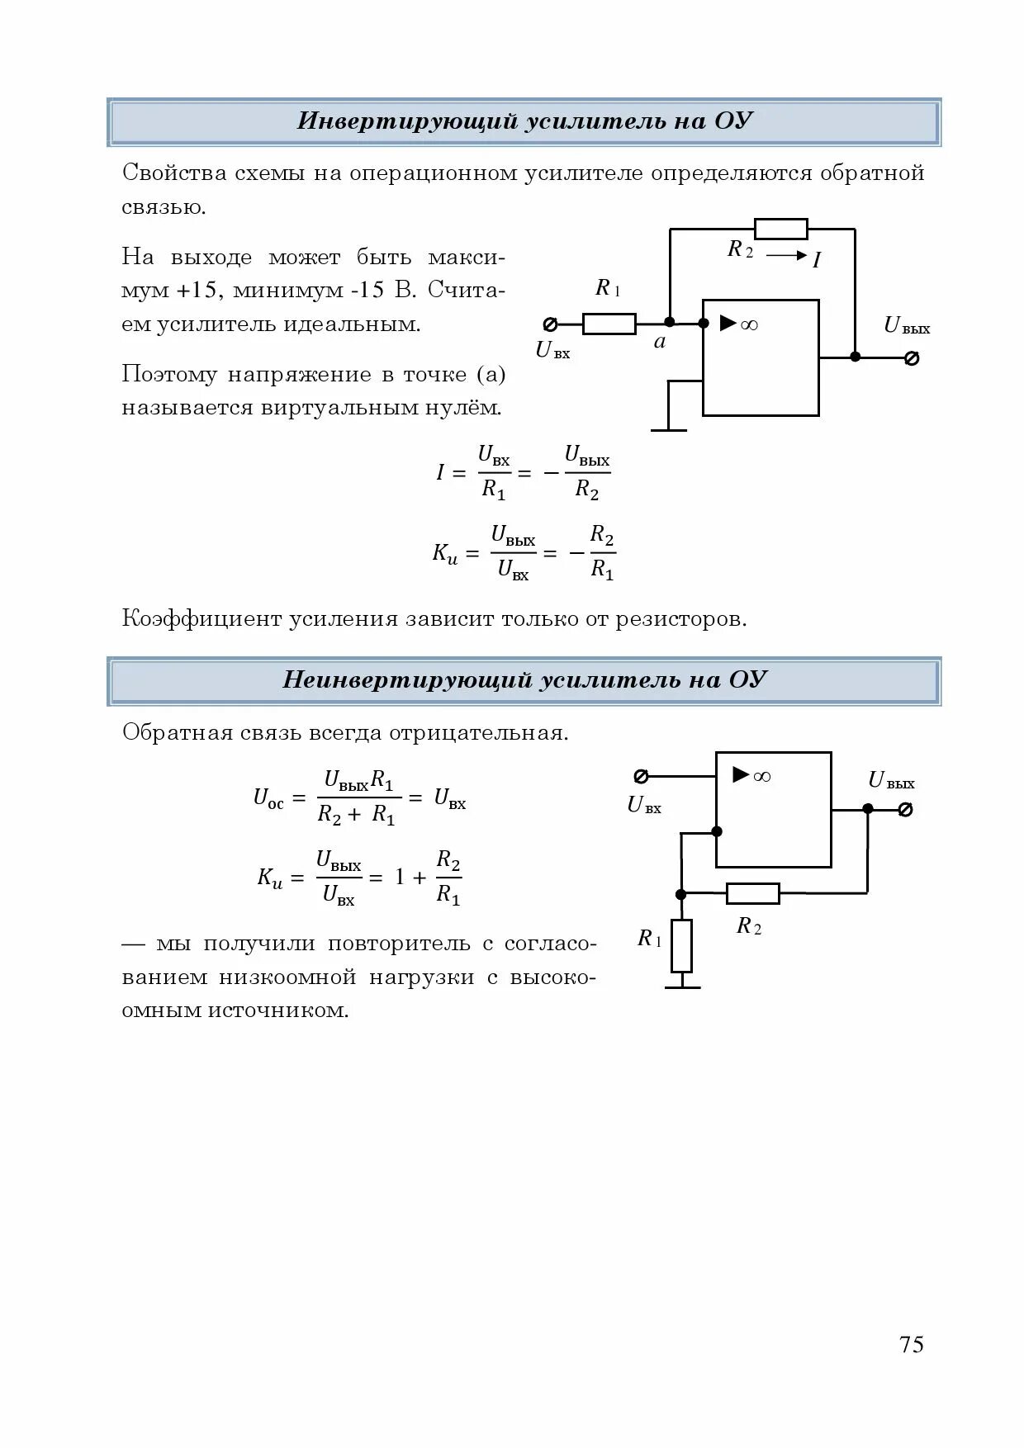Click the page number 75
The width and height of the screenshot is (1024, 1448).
[912, 1345]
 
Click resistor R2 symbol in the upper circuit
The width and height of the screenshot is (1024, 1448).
[780, 229]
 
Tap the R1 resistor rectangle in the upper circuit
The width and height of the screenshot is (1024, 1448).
[609, 324]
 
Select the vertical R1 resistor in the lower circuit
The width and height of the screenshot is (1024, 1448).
[681, 945]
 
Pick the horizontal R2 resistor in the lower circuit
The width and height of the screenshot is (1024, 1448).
[752, 893]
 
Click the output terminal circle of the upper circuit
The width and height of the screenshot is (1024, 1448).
[912, 357]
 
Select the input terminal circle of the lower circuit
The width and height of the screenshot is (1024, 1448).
[641, 776]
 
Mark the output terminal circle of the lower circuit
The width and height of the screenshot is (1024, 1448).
[905, 809]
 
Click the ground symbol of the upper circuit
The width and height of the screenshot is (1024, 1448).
[669, 429]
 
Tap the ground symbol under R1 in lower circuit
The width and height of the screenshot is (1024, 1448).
[682, 986]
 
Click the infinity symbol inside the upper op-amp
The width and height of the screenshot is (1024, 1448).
[749, 324]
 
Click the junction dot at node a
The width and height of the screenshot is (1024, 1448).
[670, 322]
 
